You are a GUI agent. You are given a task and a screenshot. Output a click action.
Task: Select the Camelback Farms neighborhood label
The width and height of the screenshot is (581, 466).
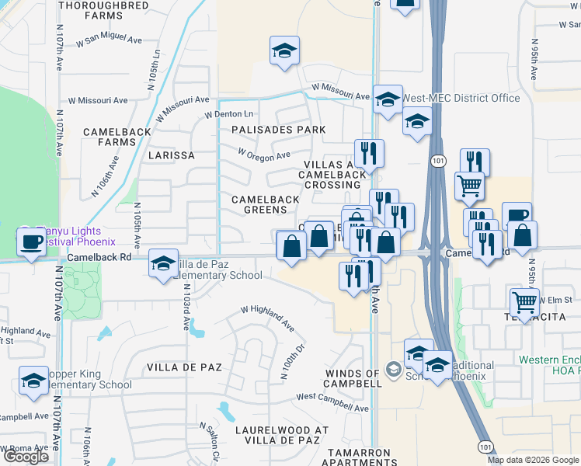[117, 137]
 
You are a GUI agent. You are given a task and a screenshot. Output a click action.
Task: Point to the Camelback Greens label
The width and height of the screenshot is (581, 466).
[266, 204]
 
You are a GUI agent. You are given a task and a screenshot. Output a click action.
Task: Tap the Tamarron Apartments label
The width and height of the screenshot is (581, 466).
[364, 457]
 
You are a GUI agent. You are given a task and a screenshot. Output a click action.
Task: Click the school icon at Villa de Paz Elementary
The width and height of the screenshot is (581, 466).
[163, 265]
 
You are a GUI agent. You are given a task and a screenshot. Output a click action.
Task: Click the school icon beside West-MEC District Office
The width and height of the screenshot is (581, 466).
[388, 99]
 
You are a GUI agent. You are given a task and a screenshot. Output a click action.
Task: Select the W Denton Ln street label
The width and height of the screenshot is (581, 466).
[229, 115]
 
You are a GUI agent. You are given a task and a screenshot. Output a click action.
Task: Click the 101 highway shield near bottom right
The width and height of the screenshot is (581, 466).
[485, 448]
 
